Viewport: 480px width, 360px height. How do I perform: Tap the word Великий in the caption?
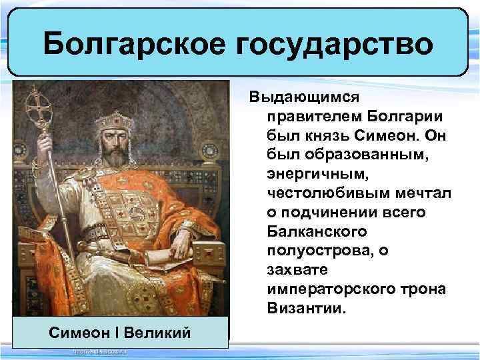(x=162, y=332)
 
